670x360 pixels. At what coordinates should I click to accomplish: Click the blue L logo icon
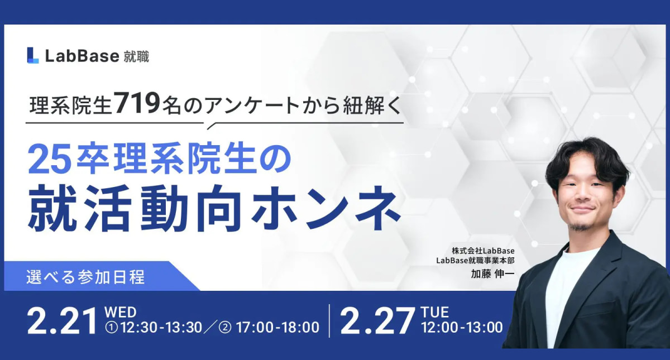pos(33,55)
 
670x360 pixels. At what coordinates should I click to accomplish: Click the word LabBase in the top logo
pos(82,56)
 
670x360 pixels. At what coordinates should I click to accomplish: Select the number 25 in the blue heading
pos(50,161)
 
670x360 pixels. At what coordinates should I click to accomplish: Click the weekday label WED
pos(121,313)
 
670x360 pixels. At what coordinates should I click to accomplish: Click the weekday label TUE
pos(435,313)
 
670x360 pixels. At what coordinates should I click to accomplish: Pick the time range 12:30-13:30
pos(161,328)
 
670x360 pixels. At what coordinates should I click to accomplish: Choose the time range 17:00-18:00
pos(277,328)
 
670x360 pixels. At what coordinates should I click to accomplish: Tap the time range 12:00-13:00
pos(462,328)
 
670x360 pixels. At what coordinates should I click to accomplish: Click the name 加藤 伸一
pos(492,274)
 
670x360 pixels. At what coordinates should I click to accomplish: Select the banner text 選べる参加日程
pos(85,277)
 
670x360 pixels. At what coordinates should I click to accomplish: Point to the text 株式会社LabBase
pos(483,251)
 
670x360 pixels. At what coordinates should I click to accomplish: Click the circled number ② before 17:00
pos(225,328)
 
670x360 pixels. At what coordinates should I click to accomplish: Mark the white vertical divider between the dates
pos(329,321)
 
